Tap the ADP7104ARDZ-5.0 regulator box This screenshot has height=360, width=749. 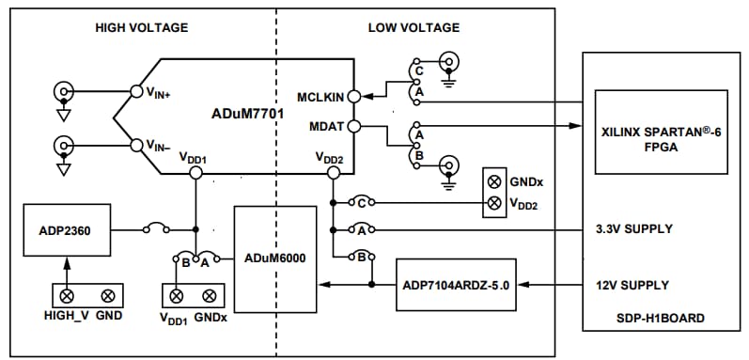pyautogui.click(x=456, y=284)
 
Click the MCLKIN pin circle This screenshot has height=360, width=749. pyautogui.click(x=353, y=95)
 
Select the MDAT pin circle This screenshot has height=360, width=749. pyautogui.click(x=353, y=126)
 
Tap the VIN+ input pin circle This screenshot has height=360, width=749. pyautogui.click(x=135, y=91)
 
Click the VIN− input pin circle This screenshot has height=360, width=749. pyautogui.click(x=135, y=146)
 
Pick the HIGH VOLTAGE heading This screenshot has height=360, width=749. pyautogui.click(x=142, y=27)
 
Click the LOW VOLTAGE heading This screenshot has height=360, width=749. pyautogui.click(x=406, y=27)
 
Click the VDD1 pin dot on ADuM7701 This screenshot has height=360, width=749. pyautogui.click(x=195, y=174)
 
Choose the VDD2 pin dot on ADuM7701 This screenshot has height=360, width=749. pyautogui.click(x=333, y=174)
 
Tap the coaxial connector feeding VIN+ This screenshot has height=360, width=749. pyautogui.click(x=64, y=91)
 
